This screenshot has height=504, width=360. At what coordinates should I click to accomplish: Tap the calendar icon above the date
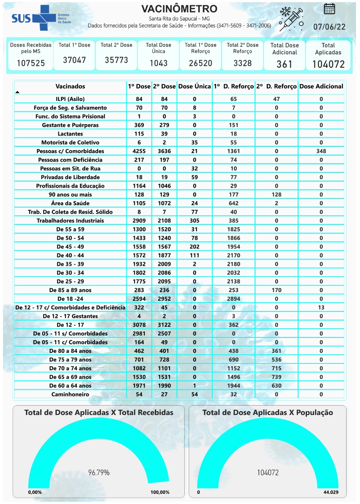[329, 9]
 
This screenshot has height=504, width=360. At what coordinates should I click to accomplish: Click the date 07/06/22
[329, 27]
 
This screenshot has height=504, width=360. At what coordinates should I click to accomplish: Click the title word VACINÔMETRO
[179, 9]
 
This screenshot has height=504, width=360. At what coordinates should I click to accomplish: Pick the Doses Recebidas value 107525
[31, 63]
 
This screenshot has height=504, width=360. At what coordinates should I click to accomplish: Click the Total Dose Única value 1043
[158, 63]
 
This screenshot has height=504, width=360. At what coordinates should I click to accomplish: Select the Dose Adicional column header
[321, 86]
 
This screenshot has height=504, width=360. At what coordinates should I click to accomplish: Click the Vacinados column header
[70, 86]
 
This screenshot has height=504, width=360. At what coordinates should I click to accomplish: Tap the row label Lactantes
[70, 134]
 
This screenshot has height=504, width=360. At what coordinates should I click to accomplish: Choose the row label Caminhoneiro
[70, 395]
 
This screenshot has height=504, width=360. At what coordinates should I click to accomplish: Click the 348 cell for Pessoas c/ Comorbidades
[321, 151]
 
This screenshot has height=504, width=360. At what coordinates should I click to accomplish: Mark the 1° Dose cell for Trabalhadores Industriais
[139, 220]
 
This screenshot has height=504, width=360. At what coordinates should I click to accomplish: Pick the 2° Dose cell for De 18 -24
[164, 299]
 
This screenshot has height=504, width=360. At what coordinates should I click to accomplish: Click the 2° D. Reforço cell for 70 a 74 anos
[276, 368]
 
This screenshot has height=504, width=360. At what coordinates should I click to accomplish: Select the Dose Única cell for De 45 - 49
[195, 246]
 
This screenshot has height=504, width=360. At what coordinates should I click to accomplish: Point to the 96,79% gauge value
[99, 472]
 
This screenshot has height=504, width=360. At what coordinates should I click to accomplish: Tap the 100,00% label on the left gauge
[160, 493]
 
